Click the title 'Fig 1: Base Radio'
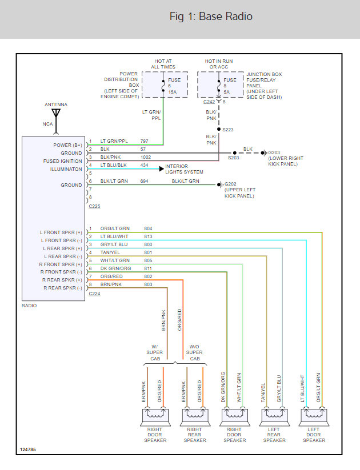(x=211, y=16)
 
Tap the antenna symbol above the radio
(x=56, y=122)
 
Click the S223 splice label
(x=227, y=130)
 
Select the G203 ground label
(x=274, y=152)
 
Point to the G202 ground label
(x=230, y=184)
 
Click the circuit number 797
(x=145, y=141)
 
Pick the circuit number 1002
(x=146, y=157)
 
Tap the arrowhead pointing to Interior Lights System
(x=161, y=169)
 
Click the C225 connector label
(x=94, y=206)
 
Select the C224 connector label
(x=94, y=294)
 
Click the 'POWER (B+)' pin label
(x=67, y=145)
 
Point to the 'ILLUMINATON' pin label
(x=66, y=169)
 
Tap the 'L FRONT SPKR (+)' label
(x=61, y=232)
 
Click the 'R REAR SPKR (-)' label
(x=63, y=288)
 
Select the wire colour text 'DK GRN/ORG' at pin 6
(x=115, y=268)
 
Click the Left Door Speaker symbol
(x=314, y=417)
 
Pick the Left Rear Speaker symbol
(x=274, y=417)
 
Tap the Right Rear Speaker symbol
(x=195, y=417)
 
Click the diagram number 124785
(x=28, y=449)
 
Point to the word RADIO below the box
(x=29, y=306)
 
